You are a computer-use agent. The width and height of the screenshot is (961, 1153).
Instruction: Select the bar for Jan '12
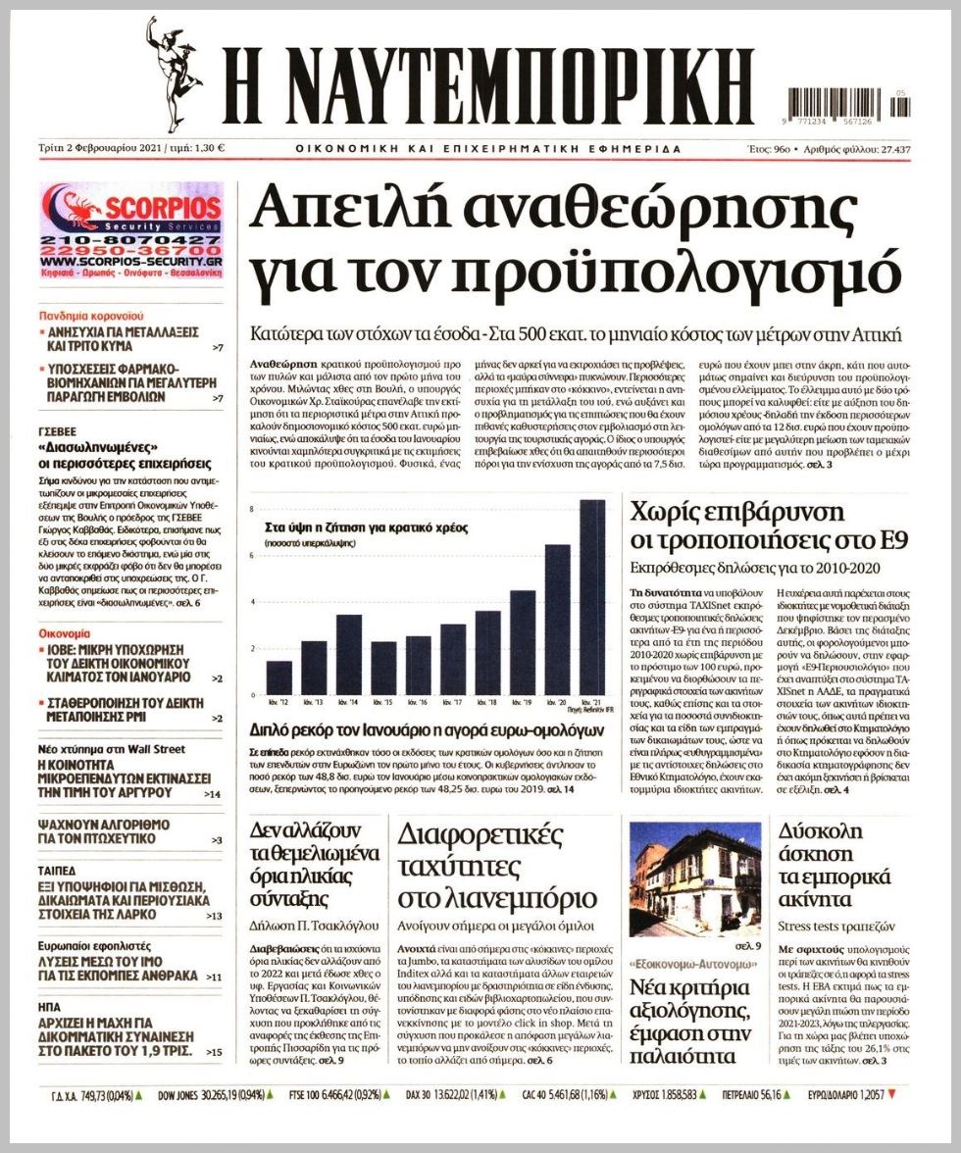279,677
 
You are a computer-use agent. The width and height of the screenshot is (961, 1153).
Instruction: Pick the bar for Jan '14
348,653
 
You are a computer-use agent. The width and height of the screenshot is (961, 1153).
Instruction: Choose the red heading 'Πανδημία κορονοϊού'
92,317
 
